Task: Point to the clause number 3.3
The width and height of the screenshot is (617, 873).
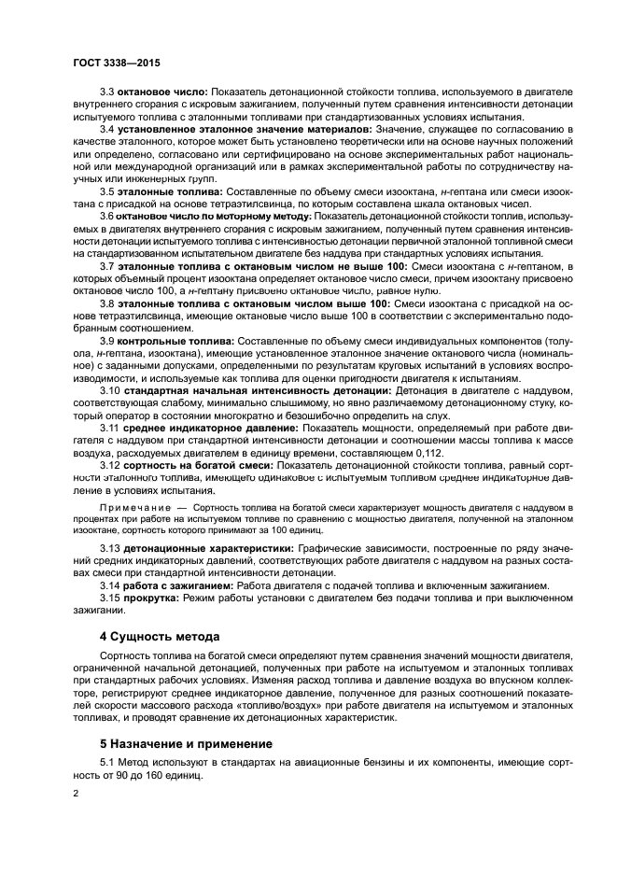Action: click(107, 93)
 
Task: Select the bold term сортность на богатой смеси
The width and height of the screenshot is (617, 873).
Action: click(199, 463)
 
